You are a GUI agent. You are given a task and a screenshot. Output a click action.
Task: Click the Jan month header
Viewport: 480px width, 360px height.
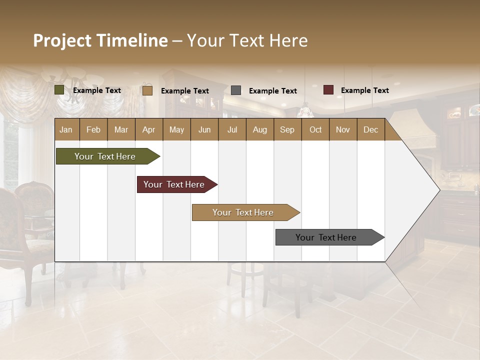66,130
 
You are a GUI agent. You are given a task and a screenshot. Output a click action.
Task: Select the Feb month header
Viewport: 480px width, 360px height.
93,130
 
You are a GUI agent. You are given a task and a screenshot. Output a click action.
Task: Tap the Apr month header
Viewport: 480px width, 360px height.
148,130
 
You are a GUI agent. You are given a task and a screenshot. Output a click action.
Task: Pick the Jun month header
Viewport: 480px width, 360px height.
204,130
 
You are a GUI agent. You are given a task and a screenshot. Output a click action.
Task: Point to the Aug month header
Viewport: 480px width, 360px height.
259,130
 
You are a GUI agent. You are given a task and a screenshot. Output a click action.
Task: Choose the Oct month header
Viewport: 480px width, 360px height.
315,130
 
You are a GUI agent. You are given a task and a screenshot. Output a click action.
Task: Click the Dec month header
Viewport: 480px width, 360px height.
370,130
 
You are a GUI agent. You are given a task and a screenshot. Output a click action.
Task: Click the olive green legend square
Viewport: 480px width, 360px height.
59,90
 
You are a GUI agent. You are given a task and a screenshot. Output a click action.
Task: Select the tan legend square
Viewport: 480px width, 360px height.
147,90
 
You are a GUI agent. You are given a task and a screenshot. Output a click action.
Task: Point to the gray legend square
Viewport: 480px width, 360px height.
236,90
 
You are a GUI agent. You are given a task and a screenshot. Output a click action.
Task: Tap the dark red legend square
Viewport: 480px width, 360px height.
328,90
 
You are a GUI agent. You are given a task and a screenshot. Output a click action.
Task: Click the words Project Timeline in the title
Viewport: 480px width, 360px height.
100,40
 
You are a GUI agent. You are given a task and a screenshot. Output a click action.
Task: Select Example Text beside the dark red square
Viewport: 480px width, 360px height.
364,90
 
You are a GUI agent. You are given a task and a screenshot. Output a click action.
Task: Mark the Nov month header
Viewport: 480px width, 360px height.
343,130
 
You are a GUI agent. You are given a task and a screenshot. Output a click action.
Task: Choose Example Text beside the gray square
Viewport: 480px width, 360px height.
272,91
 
